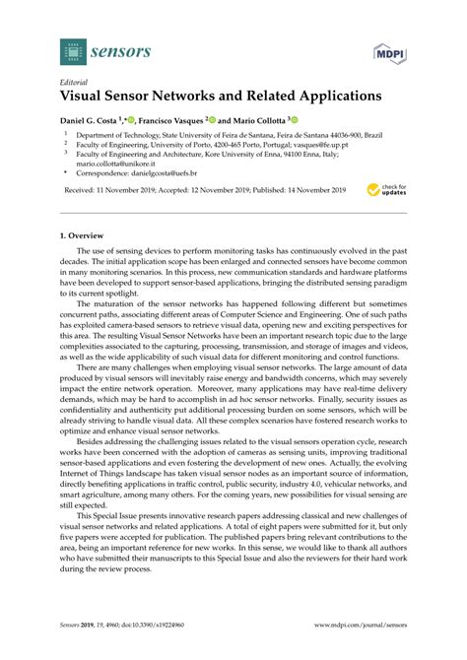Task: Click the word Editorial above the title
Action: point(76,84)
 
